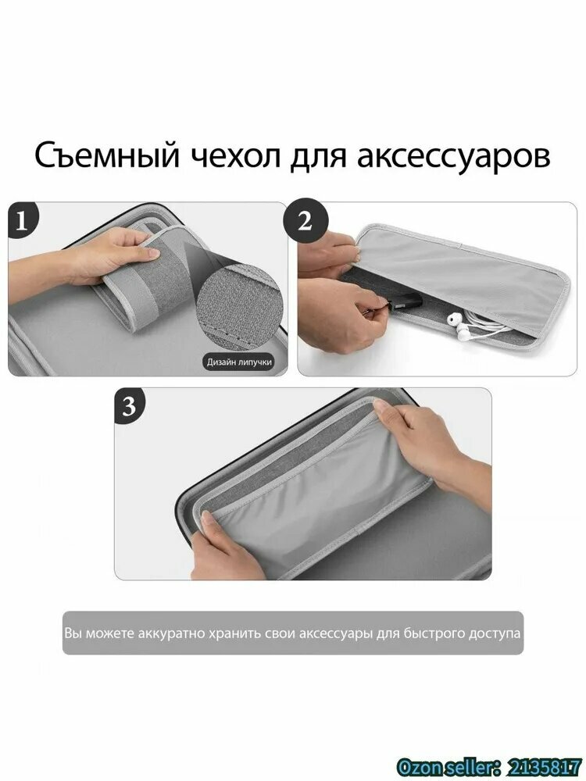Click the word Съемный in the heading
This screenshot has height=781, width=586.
pyautogui.click(x=107, y=155)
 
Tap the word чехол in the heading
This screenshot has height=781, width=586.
pyautogui.click(x=234, y=155)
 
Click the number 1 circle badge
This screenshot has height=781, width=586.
pyautogui.click(x=21, y=221)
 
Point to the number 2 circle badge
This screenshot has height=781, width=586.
pyautogui.click(x=306, y=221)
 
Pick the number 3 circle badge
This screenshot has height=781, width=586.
pyautogui.click(x=129, y=405)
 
